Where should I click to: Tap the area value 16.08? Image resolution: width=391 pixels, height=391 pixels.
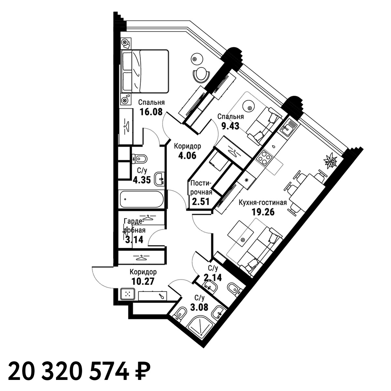pyautogui.click(x=151, y=112)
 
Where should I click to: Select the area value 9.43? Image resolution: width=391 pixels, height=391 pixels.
pyautogui.click(x=230, y=126)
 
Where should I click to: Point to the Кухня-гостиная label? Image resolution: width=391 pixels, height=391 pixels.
pyautogui.click(x=263, y=203)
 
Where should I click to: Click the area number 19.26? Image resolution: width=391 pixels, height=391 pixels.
pyautogui.click(x=263, y=212)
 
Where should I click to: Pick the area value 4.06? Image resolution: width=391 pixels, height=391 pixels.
pyautogui.click(x=187, y=156)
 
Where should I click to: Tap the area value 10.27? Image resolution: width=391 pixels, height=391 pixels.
pyautogui.click(x=143, y=281)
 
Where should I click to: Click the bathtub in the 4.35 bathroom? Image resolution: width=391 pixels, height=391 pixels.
pyautogui.click(x=142, y=199)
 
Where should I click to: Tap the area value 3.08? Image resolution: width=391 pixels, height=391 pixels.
pyautogui.click(x=199, y=307)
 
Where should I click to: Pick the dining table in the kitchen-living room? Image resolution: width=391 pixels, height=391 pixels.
pyautogui.click(x=307, y=193)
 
